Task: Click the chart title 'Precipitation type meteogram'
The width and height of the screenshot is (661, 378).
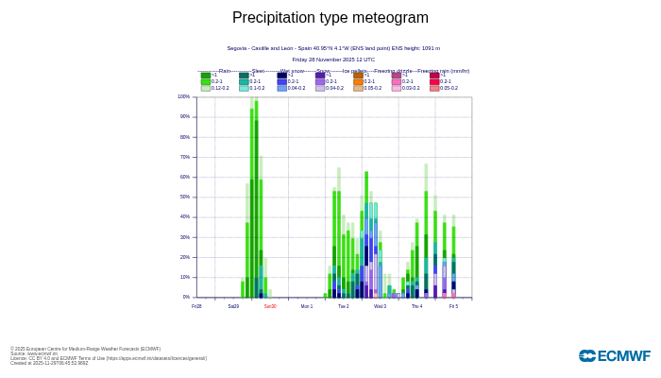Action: click(x=330, y=18)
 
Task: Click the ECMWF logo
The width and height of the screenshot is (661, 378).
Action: click(x=614, y=356)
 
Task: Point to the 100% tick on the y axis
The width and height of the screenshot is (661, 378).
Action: click(x=184, y=96)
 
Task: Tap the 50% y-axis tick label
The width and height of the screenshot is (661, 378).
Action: click(x=185, y=197)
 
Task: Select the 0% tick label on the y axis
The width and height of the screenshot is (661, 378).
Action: click(x=186, y=297)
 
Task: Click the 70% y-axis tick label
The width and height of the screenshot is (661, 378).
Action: click(x=185, y=157)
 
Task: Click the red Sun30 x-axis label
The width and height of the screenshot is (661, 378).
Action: click(x=270, y=306)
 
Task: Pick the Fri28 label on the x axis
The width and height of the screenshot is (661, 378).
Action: click(x=196, y=306)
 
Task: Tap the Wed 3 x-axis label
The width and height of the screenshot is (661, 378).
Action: click(x=380, y=306)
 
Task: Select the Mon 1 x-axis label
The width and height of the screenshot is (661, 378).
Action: click(x=307, y=306)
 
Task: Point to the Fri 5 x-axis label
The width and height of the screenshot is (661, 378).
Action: click(x=453, y=306)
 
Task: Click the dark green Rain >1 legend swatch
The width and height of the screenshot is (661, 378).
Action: click(x=206, y=76)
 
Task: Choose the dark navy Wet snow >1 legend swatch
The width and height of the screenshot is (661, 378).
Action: click(x=282, y=76)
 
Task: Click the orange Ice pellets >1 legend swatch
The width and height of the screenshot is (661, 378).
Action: click(x=359, y=76)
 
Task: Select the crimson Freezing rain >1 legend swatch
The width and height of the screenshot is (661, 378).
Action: click(x=434, y=76)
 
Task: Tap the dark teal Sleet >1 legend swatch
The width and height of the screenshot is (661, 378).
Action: click(x=244, y=76)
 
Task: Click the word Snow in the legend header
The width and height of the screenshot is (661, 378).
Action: click(x=323, y=71)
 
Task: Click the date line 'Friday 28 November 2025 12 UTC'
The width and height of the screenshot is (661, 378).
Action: click(x=333, y=60)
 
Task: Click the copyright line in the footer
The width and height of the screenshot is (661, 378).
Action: click(x=85, y=349)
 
